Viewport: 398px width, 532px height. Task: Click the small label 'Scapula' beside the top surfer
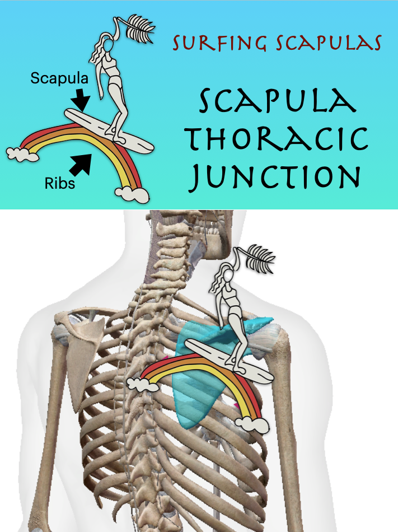59,78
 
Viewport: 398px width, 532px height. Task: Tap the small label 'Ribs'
59,183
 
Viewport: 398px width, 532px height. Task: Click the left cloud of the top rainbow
21,153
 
